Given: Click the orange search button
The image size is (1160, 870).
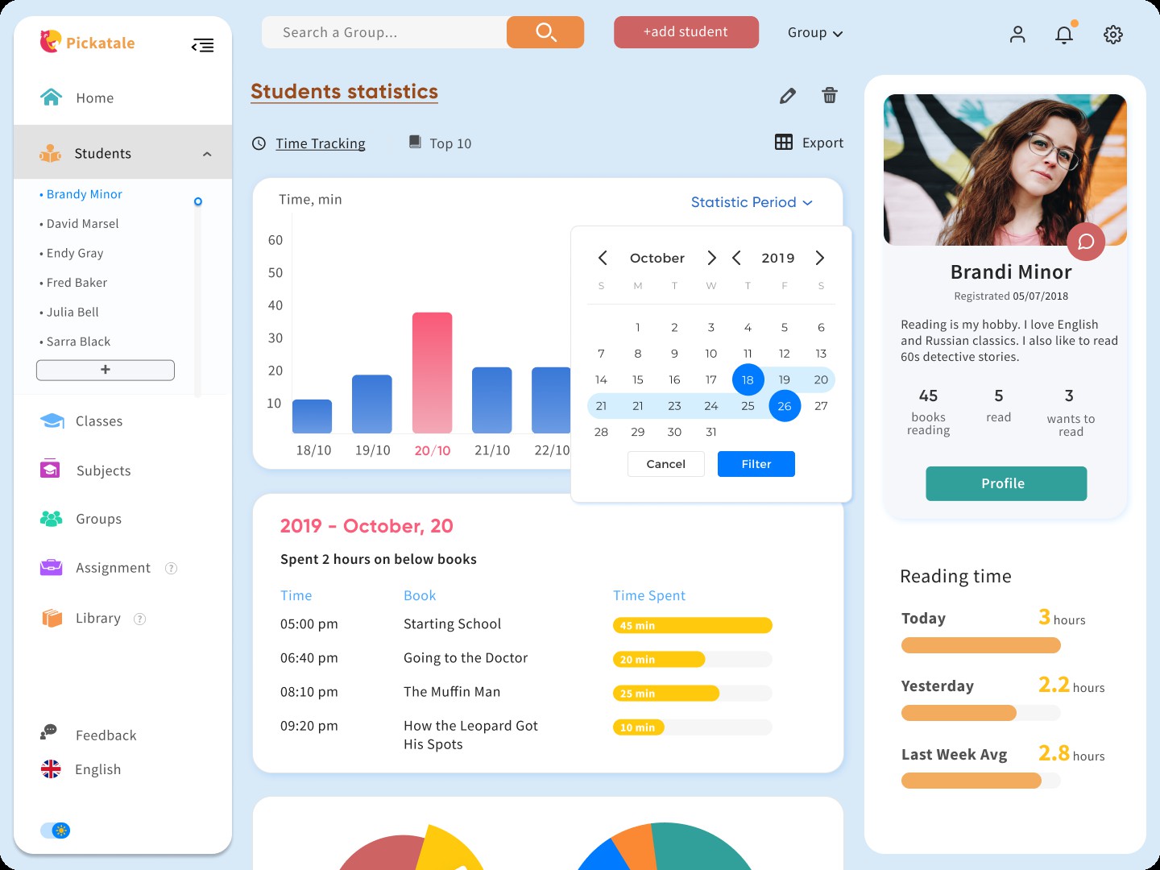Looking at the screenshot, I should point(545,32).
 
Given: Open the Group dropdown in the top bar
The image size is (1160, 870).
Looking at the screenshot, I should point(814,33).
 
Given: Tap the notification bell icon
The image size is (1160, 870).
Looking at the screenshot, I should point(1064,35).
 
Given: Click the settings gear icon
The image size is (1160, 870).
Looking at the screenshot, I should point(1113,35).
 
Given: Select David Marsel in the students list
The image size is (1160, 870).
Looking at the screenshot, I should point(82,224).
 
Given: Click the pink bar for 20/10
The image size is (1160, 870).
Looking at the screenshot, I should point(432,373).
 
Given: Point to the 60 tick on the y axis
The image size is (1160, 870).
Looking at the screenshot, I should point(275,240).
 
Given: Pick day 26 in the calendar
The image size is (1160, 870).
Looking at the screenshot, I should point(785,406).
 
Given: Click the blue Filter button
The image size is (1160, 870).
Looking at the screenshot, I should point(756,464).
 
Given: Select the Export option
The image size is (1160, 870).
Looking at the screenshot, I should point(809,143).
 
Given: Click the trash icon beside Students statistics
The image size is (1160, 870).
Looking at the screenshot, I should point(829,96).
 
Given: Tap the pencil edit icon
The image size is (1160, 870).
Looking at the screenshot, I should point(788,96).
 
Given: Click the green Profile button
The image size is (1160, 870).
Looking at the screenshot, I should point(1005,483).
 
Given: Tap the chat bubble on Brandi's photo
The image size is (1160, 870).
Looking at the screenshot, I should point(1085,242).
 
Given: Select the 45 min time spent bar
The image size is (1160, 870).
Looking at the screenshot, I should point(692,625).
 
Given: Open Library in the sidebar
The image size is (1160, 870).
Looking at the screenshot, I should point(97,618).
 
